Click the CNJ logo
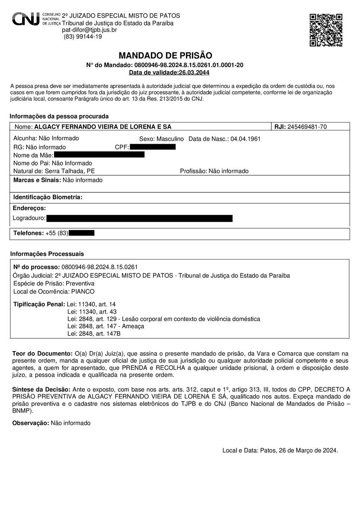tap(36, 19)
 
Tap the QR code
tap(326, 30)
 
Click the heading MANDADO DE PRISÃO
tap(165, 55)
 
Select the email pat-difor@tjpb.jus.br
tap(90, 30)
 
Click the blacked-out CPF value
tap(153, 147)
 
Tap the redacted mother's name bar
tap(99, 154)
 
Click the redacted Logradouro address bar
tap(139, 218)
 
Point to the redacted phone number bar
tap(81, 233)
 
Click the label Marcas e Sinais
tap(37, 180)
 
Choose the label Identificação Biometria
tap(48, 197)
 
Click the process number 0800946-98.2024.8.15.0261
tap(100, 267)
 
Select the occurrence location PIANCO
tap(83, 291)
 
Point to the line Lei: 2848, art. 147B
tap(94, 334)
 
